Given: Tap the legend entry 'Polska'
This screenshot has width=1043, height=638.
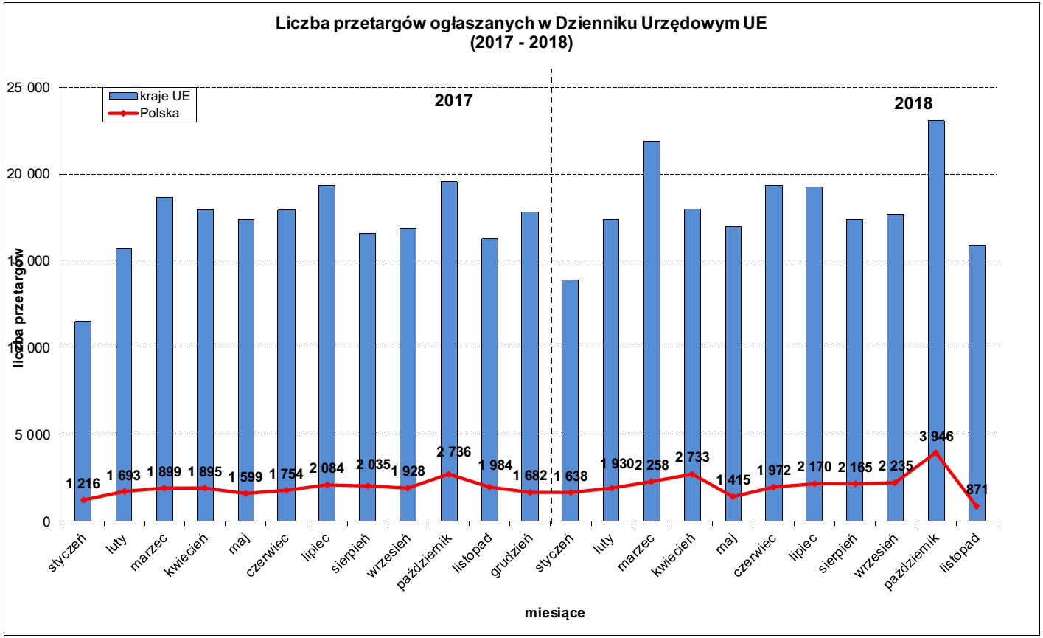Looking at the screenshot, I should click(x=159, y=113).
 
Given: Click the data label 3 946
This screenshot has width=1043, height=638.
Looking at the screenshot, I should click(x=936, y=437).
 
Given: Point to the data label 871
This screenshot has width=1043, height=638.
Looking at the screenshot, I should click(x=976, y=489).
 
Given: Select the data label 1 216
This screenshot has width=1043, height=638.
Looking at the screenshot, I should click(x=83, y=484).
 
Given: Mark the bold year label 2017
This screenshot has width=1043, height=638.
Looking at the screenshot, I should click(x=453, y=101).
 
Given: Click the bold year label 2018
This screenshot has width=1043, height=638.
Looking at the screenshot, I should click(x=913, y=103).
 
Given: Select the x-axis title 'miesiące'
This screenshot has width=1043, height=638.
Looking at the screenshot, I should click(x=555, y=613).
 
